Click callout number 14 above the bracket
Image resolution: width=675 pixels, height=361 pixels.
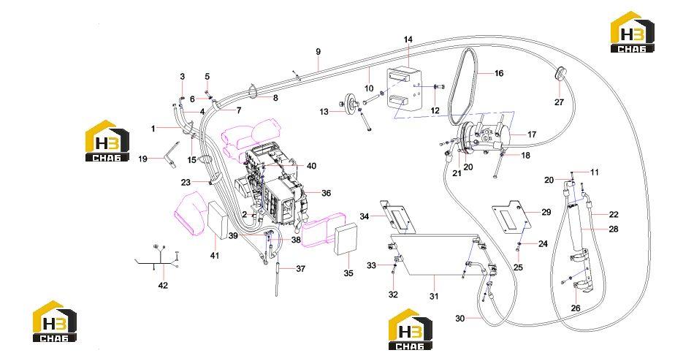[x=408, y=39]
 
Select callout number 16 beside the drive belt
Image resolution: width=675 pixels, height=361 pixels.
[x=499, y=73]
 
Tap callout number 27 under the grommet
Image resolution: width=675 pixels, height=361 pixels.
[x=559, y=102]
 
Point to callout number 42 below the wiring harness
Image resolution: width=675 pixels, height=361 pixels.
[x=163, y=285]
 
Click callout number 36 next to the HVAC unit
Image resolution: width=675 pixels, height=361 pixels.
[x=327, y=193]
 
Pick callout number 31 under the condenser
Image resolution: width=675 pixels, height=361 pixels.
[x=434, y=296]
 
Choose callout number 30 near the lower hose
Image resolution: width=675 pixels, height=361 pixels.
[x=460, y=319]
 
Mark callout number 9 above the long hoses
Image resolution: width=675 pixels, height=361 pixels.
[x=318, y=52]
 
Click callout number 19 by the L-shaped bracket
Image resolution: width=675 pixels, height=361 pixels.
[x=143, y=159]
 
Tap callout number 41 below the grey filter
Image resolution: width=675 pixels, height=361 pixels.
[x=215, y=256]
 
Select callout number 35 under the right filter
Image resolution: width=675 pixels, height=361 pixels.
[x=348, y=273]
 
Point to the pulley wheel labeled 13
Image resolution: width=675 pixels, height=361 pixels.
[x=351, y=102]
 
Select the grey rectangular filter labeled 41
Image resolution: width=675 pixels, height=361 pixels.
[x=218, y=220]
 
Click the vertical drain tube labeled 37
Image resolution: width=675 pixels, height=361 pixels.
[x=277, y=279]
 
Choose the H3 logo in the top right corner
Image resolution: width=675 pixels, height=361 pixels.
[x=633, y=32]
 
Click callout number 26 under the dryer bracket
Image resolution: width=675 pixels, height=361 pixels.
[x=576, y=308]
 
